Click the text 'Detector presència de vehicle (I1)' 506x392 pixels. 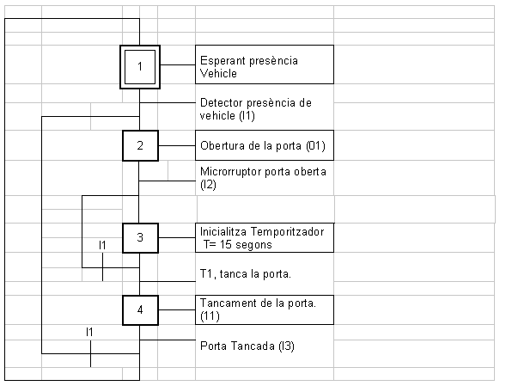256,109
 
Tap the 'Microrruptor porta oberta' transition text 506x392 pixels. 263,178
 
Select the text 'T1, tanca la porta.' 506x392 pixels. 246,274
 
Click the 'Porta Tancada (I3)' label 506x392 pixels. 247,346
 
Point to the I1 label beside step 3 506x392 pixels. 102,245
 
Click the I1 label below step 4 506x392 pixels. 89,332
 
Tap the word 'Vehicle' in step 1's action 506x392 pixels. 218,73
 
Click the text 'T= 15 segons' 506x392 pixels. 238,244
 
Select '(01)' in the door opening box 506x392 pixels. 315,145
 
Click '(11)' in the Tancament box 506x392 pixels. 210,315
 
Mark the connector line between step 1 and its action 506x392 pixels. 178,64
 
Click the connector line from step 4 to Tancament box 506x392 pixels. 177,310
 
